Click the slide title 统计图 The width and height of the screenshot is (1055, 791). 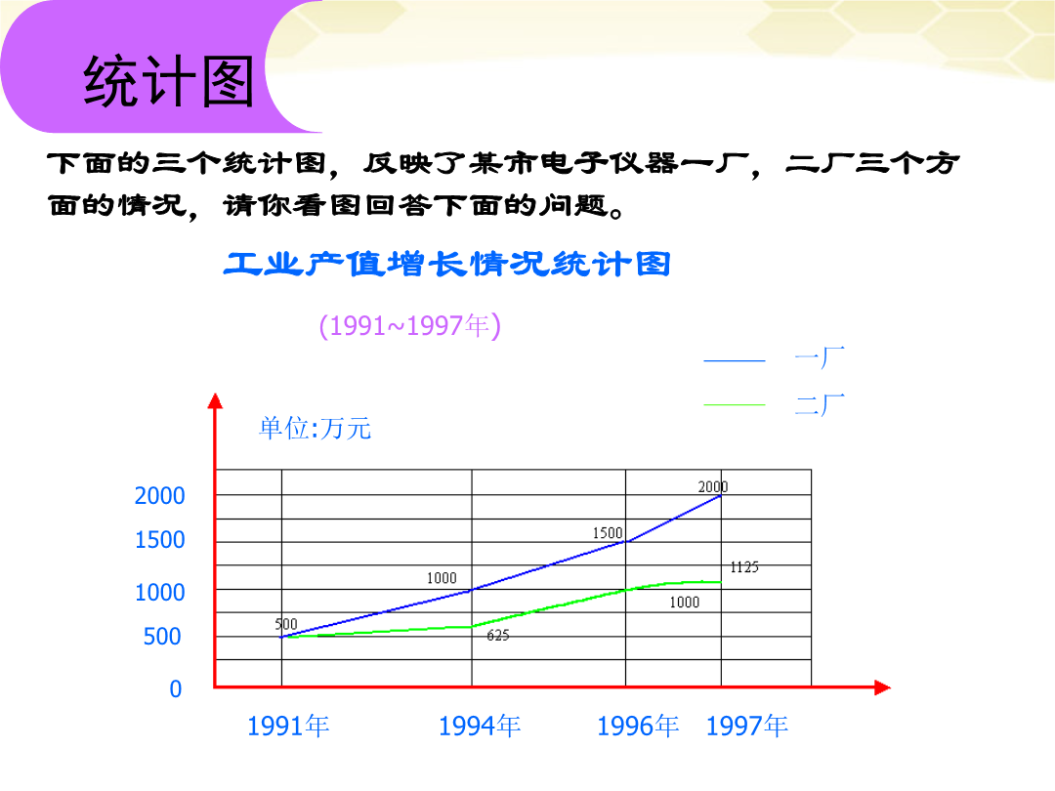tap(168, 81)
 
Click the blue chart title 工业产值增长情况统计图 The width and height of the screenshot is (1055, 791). tap(447, 264)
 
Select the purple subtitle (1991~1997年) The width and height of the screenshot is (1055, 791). tap(409, 326)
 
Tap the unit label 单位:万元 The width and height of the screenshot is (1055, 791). tap(315, 429)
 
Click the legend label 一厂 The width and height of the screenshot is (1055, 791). tap(820, 357)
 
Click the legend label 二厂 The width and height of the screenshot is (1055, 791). tap(820, 405)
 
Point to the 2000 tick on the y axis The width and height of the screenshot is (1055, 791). tap(159, 496)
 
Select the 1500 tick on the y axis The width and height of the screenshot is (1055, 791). tap(159, 540)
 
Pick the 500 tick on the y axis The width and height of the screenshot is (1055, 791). tap(162, 637)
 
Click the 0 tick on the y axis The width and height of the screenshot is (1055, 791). tap(176, 688)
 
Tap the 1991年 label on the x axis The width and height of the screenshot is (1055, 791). tap(288, 727)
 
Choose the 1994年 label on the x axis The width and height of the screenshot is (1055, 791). tap(479, 727)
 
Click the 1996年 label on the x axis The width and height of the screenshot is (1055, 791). tap(638, 727)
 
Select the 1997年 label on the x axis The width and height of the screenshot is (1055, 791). tap(747, 727)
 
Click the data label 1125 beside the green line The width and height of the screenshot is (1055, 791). tap(744, 567)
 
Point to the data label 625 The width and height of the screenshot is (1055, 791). tap(498, 636)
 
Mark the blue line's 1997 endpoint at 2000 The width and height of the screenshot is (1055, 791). tap(721, 496)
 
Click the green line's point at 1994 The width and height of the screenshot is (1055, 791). tap(472, 627)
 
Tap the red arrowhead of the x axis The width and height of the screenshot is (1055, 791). tap(883, 687)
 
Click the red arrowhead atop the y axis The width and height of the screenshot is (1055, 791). tap(215, 401)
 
